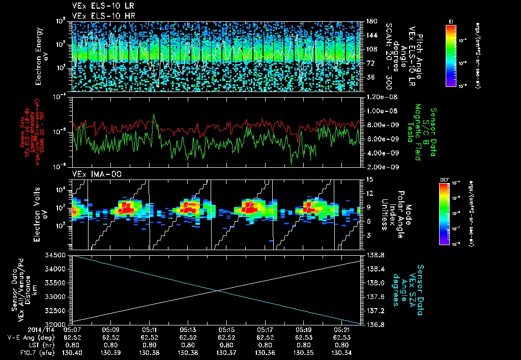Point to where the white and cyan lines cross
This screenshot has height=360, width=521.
218,290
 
